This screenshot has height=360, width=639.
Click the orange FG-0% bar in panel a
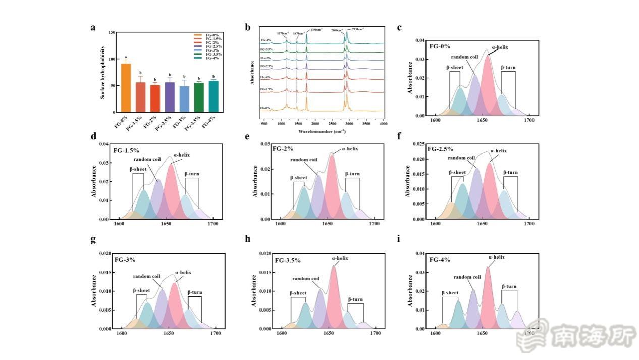[126, 88]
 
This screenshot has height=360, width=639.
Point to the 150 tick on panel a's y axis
[112, 32]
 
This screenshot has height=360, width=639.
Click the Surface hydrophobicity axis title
[103, 72]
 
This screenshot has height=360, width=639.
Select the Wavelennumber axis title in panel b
[322, 131]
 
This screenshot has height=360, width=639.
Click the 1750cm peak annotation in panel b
[316, 30]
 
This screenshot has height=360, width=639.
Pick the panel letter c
[399, 28]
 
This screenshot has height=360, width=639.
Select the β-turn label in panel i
[509, 287]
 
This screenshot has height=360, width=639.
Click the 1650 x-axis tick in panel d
[166, 224]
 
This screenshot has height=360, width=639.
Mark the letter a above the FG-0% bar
[126, 58]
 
